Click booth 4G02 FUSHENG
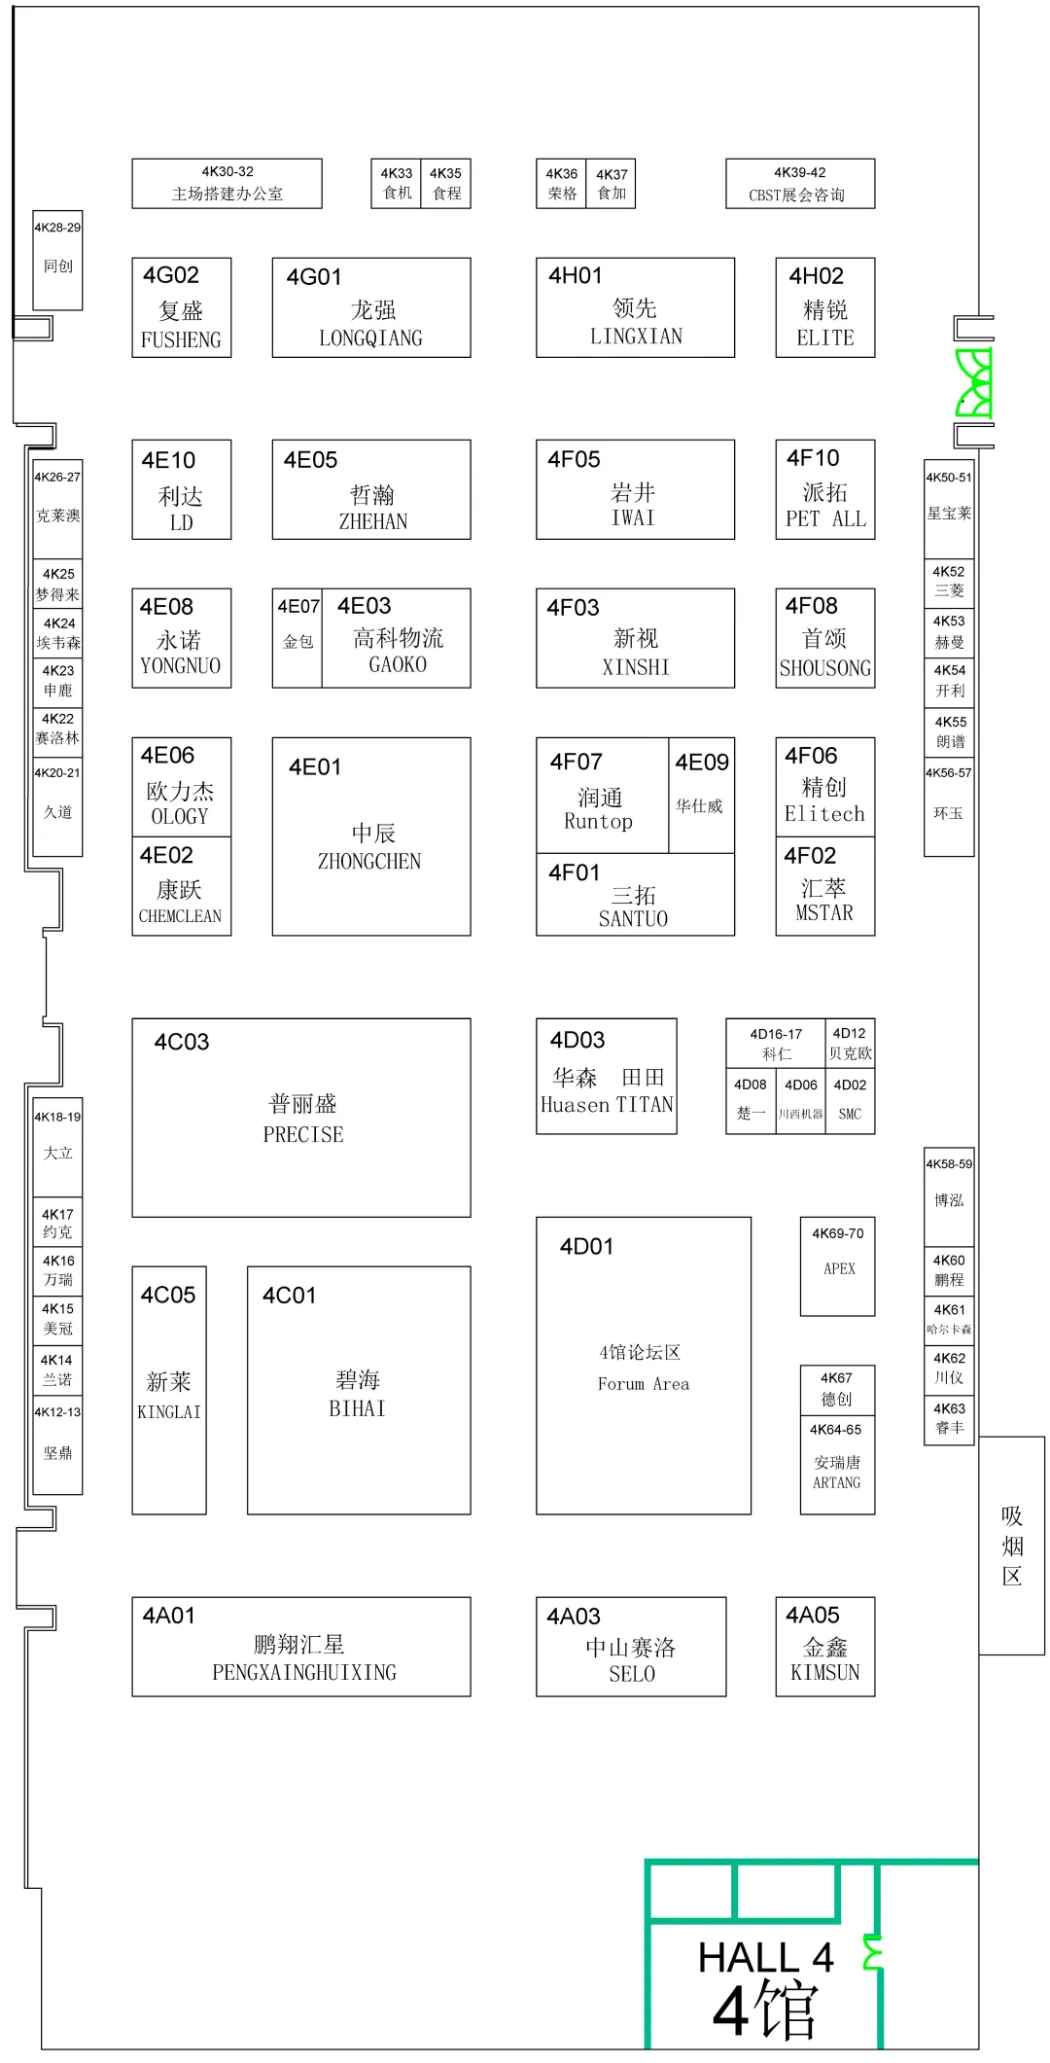[181, 307]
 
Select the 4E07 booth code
[297, 607]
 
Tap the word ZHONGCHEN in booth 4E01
[369, 862]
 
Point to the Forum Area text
[643, 1384]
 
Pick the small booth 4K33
[397, 183]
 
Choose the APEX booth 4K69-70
[837, 1265]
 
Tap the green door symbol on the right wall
[973, 382]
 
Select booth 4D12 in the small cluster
[850, 1043]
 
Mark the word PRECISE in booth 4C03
[303, 1135]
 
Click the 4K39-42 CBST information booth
[799, 184]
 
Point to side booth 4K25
[58, 584]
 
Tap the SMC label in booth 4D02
[850, 1115]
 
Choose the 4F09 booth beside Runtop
[701, 794]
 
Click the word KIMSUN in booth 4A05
[824, 1673]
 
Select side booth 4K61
[949, 1319]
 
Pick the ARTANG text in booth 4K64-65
[836, 1483]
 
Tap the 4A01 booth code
[169, 1616]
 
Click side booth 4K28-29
[57, 260]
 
